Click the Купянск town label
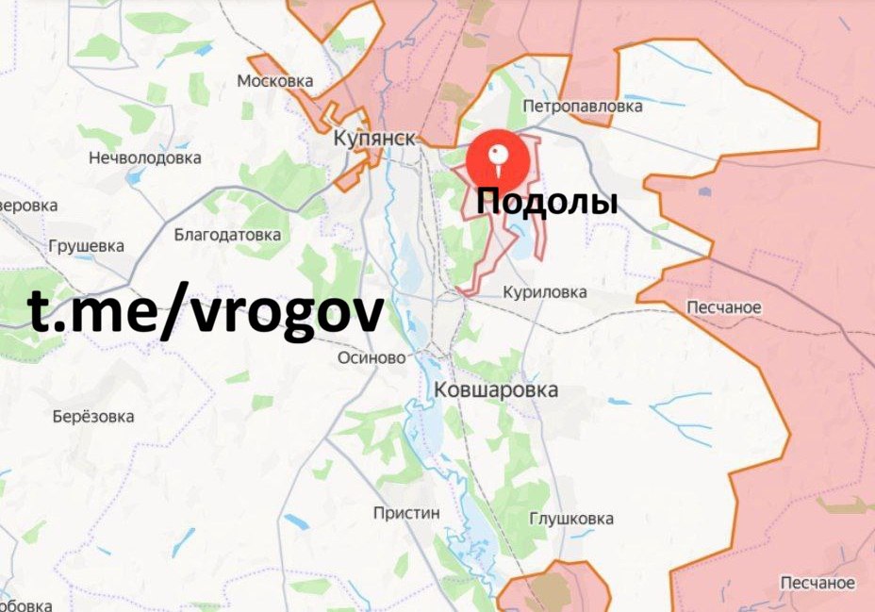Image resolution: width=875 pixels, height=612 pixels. (x=374, y=139)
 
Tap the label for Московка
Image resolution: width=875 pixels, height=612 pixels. (x=274, y=81)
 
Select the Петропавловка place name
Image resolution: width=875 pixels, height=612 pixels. (x=583, y=107)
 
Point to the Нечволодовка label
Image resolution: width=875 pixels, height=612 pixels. (x=144, y=157)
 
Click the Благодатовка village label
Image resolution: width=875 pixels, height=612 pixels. (x=227, y=234)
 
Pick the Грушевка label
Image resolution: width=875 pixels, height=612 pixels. (x=86, y=246)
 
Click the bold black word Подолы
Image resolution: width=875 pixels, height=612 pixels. (x=547, y=201)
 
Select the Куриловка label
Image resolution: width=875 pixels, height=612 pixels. (x=545, y=292)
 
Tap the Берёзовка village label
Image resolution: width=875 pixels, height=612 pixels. (x=93, y=416)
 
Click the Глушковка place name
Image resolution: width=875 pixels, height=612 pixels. (x=571, y=519)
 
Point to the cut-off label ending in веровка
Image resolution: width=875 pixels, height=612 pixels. (x=28, y=205)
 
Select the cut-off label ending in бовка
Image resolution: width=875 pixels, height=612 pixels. (x=25, y=605)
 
